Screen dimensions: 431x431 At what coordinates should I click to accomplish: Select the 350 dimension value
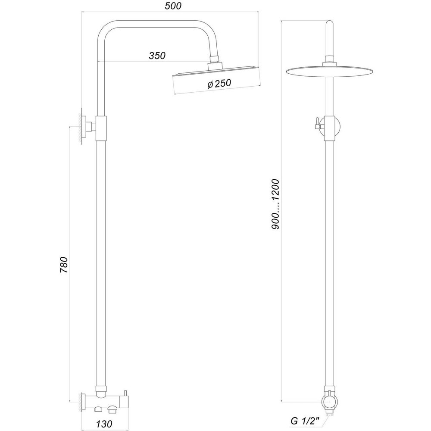coord(157,56)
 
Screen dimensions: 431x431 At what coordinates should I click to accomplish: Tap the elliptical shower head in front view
coord(329,72)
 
